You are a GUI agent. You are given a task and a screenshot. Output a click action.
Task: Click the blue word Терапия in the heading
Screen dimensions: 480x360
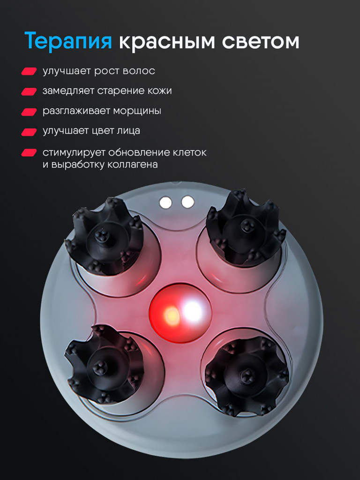[x=68, y=42]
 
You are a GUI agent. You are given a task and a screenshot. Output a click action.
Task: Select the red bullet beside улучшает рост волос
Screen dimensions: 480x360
[x=29, y=71]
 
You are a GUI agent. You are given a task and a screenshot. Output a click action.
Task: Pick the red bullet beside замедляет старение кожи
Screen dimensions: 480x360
[x=29, y=91]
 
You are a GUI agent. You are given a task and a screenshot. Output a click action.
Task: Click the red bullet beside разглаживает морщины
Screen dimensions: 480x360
[x=29, y=112]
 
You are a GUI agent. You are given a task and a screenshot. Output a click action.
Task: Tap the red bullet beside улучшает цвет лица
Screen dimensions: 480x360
[x=29, y=132]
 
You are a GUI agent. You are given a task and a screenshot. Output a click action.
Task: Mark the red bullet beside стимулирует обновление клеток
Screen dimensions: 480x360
[x=29, y=153]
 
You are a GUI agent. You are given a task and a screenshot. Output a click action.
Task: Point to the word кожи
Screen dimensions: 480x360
[x=158, y=91]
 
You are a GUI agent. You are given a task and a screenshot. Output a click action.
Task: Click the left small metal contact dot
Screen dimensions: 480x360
[x=165, y=202]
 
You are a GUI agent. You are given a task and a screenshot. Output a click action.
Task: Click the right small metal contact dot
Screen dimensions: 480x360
[x=187, y=202]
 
